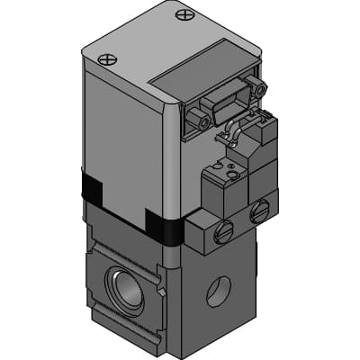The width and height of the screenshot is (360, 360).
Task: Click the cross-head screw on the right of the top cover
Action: tap(185, 14)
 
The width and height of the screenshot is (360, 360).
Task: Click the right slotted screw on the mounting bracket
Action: tap(260, 212)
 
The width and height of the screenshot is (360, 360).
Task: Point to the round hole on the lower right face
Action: tap(218, 290)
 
